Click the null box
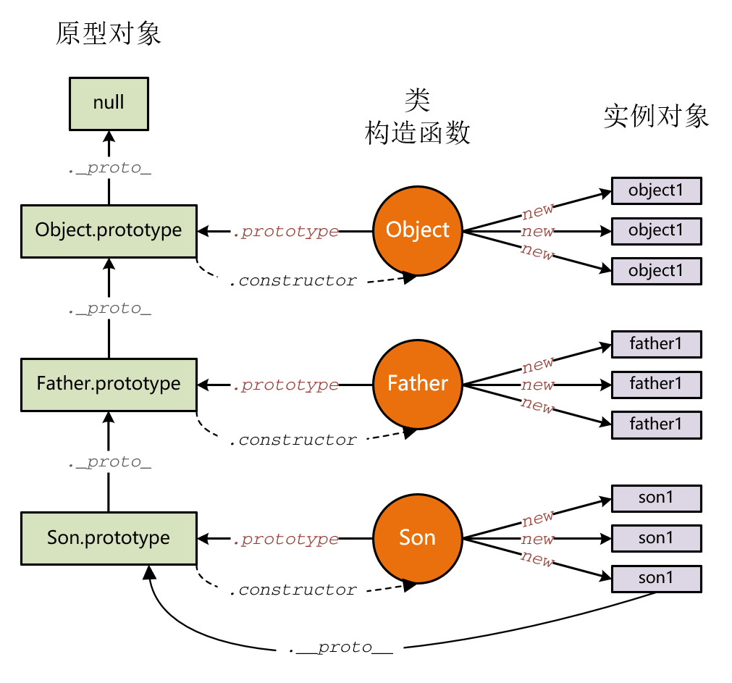(x=109, y=102)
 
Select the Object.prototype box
(x=109, y=231)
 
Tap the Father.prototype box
(x=109, y=384)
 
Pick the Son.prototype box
(x=109, y=538)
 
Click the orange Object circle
(x=418, y=230)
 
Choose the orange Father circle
(x=418, y=384)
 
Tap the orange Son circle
(x=418, y=538)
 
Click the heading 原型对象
(x=109, y=34)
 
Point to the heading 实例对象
(x=656, y=116)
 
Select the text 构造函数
(x=418, y=133)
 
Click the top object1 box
(x=656, y=190)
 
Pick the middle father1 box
(x=656, y=383)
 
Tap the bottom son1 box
(x=656, y=578)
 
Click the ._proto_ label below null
(x=109, y=169)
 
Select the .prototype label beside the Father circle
(x=285, y=385)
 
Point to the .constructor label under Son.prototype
(x=293, y=591)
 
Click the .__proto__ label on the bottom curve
(x=340, y=648)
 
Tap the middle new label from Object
(x=538, y=232)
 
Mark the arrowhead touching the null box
(x=109, y=135)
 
